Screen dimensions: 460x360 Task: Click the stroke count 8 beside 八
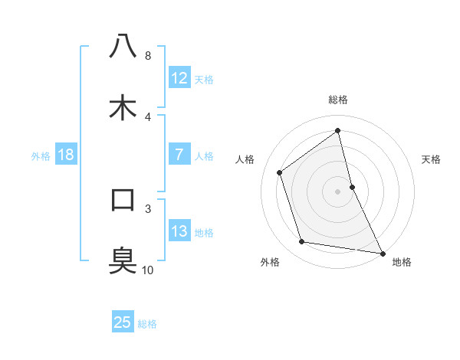coord(147,56)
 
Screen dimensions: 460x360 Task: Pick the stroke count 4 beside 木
coord(147,116)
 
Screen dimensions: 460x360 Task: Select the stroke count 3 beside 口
coord(147,208)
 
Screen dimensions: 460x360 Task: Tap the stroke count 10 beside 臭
coord(148,270)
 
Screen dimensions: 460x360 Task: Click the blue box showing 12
coord(179,78)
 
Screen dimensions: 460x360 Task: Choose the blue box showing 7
coord(179,155)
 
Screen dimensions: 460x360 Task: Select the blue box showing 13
coord(179,231)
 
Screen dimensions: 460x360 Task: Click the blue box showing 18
coord(66,155)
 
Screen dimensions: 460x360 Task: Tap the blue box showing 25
coord(123,322)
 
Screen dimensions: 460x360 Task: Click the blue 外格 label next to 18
coord(41,155)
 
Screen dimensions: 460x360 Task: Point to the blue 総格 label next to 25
coord(147,323)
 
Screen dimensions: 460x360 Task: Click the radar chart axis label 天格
coord(431,159)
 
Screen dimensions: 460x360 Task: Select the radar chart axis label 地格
coord(402,262)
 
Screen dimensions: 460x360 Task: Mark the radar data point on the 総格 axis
coord(337,130)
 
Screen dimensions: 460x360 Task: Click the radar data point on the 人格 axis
coord(280,172)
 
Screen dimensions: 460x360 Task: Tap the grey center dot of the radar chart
coord(337,191)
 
